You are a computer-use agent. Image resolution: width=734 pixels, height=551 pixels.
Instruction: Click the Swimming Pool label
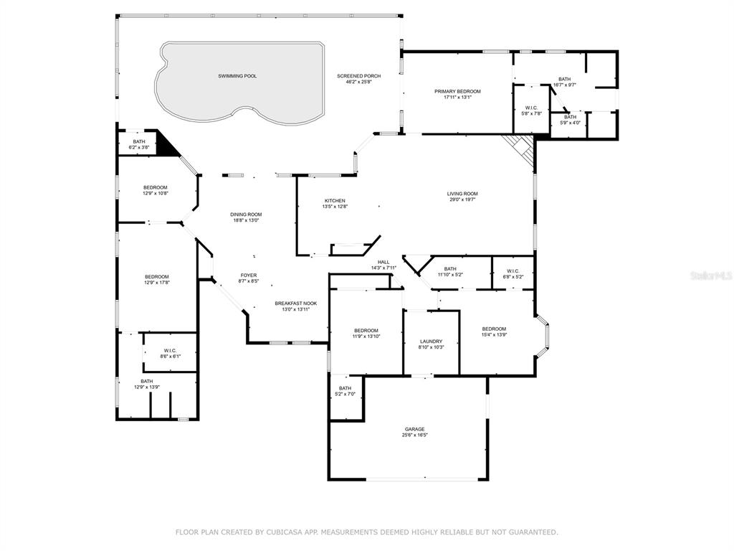coord(237,76)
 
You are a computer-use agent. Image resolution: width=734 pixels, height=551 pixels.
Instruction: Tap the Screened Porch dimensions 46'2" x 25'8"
coord(359,82)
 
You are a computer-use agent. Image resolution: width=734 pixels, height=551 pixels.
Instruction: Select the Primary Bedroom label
coord(457,91)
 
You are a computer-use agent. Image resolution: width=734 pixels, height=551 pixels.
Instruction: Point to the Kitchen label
coord(335,201)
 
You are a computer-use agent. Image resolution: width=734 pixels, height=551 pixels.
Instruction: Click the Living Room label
coord(462,194)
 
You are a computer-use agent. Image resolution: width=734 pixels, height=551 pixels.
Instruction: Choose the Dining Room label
coord(246,215)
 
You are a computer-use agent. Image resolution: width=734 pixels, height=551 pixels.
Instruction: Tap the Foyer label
coord(249,275)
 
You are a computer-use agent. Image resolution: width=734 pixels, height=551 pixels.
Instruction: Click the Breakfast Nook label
coord(296,303)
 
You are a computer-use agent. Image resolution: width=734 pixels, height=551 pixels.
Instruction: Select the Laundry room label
coord(431,342)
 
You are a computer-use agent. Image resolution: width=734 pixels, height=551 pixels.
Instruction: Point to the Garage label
coord(415,429)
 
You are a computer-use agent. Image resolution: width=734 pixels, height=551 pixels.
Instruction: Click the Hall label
coord(384,262)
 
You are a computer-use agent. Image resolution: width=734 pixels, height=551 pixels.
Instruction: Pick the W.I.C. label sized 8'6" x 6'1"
coord(170,350)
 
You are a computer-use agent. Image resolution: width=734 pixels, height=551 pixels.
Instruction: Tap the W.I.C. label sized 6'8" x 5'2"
coord(513,270)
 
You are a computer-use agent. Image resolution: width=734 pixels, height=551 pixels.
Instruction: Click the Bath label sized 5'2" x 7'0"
coord(345,388)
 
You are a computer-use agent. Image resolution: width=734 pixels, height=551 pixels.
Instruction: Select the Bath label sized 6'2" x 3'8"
coord(139,141)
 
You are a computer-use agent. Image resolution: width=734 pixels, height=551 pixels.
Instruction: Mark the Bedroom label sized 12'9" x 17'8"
coord(156,277)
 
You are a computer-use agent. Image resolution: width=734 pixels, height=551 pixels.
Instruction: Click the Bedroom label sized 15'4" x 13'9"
coord(494,329)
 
